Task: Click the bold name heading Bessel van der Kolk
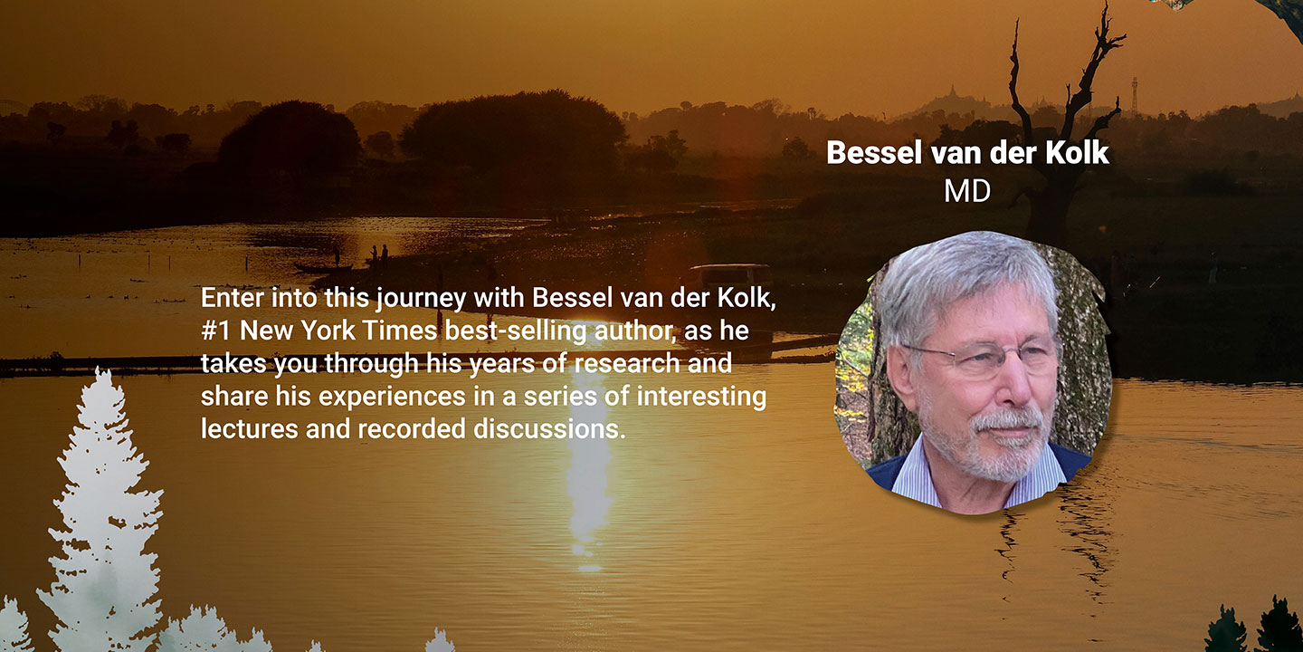click(x=967, y=152)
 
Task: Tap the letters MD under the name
click(x=967, y=191)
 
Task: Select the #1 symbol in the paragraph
click(x=216, y=331)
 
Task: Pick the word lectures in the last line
click(x=250, y=429)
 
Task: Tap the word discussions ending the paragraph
click(x=549, y=429)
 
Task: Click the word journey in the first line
click(x=421, y=299)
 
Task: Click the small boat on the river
click(x=323, y=268)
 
